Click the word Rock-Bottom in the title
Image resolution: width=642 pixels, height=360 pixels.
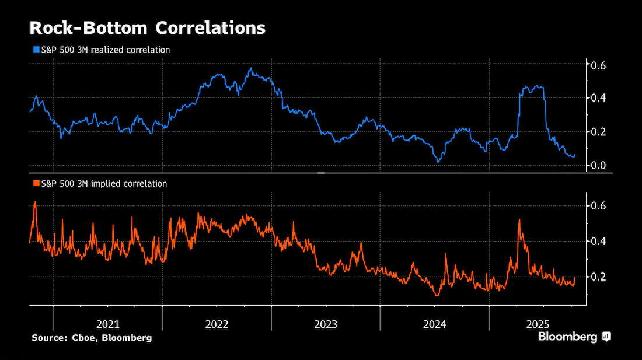click(88, 28)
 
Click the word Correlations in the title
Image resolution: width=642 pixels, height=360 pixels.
click(211, 28)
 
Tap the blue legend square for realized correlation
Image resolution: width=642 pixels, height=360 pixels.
click(36, 50)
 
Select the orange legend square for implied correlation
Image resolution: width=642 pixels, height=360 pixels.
click(36, 183)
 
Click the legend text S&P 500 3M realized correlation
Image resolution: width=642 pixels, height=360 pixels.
click(106, 50)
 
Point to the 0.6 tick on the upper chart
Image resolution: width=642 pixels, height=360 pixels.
click(598, 65)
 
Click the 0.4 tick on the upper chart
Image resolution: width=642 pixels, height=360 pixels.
click(598, 98)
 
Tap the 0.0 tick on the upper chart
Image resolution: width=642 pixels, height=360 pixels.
click(598, 165)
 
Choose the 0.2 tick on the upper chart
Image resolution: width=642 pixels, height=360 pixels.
click(598, 132)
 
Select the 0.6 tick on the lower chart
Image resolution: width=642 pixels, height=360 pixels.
click(598, 205)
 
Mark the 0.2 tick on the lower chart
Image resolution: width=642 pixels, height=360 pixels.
click(598, 277)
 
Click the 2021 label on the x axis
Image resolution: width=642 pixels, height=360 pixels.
click(108, 324)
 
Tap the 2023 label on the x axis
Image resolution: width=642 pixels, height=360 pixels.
click(326, 324)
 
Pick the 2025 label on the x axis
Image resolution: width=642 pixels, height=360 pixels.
click(538, 324)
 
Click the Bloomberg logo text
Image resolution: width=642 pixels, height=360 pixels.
click(568, 337)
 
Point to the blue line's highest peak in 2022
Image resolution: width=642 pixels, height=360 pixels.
click(250, 68)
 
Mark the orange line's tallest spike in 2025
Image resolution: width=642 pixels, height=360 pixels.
click(519, 220)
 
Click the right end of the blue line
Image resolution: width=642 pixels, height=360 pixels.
click(574, 155)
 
